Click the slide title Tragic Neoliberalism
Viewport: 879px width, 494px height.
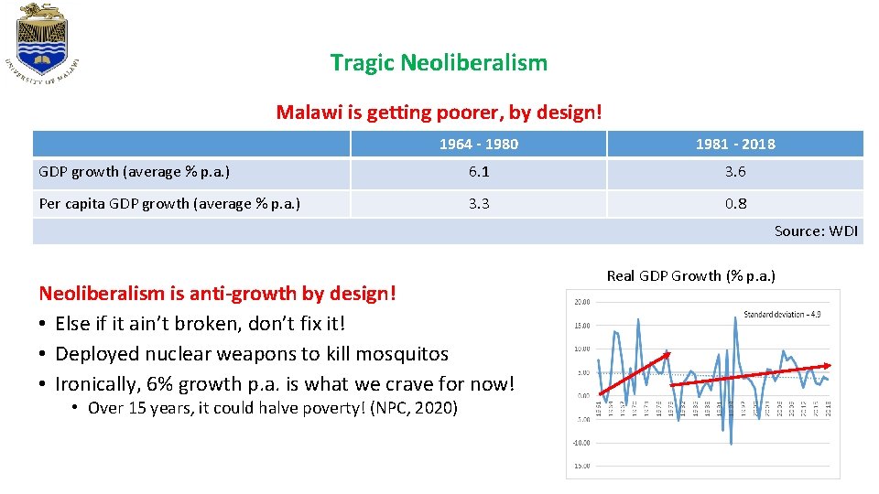click(x=439, y=63)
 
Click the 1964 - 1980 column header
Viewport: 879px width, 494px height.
click(x=478, y=144)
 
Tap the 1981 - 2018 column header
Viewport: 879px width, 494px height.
click(x=734, y=144)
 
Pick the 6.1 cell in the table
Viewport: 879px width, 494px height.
click(x=478, y=172)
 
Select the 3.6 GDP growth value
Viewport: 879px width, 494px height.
click(x=734, y=172)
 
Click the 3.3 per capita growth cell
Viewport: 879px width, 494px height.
click(x=478, y=204)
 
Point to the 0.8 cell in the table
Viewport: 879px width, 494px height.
click(x=734, y=204)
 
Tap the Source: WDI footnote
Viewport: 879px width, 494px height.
click(x=816, y=231)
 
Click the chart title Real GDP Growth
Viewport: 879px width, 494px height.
click(x=690, y=275)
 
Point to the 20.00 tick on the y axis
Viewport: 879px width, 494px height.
click(x=581, y=302)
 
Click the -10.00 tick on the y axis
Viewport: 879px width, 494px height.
click(x=581, y=443)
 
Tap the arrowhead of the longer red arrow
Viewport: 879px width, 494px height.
click(x=826, y=366)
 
